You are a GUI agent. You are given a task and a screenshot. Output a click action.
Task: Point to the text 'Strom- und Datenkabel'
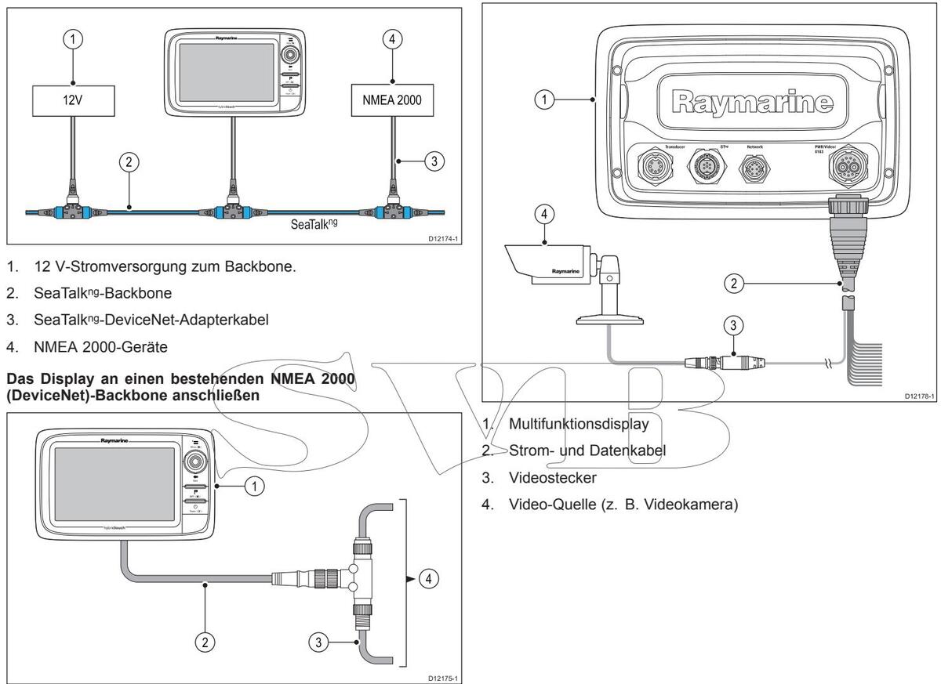[x=581, y=451]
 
